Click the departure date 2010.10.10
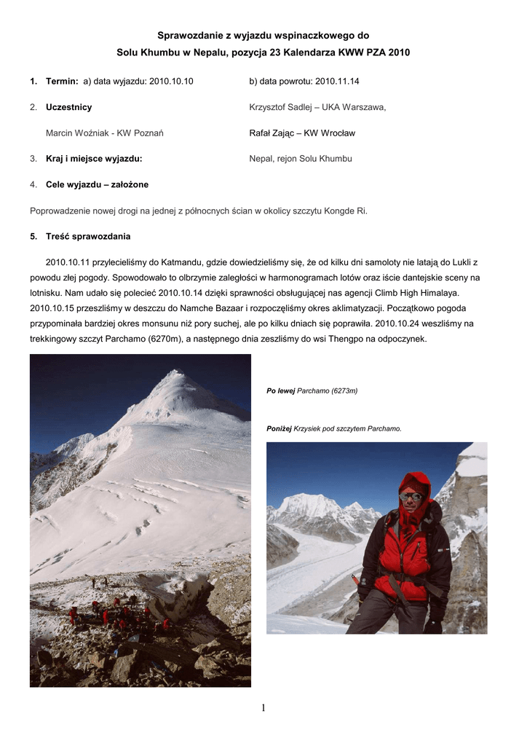click(171, 82)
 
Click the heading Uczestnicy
click(68, 107)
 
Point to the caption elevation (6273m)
click(344, 391)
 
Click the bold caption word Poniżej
click(280, 428)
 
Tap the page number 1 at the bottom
click(263, 707)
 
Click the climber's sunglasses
click(412, 497)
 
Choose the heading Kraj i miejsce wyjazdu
click(94, 159)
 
